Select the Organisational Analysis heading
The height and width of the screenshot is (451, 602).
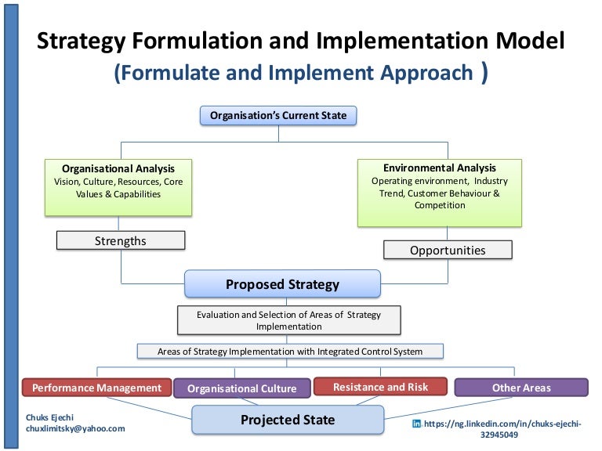pyautogui.click(x=118, y=168)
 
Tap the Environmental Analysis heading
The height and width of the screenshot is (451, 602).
pyautogui.click(x=439, y=168)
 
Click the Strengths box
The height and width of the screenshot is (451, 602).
pyautogui.click(x=121, y=241)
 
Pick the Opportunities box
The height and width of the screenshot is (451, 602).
pyautogui.click(x=448, y=251)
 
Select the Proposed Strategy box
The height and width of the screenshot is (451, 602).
pyautogui.click(x=282, y=284)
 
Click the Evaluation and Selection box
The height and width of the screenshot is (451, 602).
pyautogui.click(x=288, y=320)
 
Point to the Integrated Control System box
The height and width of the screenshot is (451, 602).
pyautogui.click(x=289, y=352)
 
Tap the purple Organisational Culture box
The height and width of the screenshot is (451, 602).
pyautogui.click(x=241, y=388)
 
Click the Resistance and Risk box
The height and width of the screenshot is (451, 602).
pyautogui.click(x=380, y=387)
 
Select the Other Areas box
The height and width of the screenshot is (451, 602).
pyautogui.click(x=520, y=388)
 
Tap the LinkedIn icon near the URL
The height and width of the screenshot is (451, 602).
pyautogui.click(x=416, y=424)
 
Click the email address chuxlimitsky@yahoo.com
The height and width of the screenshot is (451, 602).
pyautogui.click(x=75, y=429)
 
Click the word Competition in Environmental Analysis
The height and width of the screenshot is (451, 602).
pyautogui.click(x=439, y=205)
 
